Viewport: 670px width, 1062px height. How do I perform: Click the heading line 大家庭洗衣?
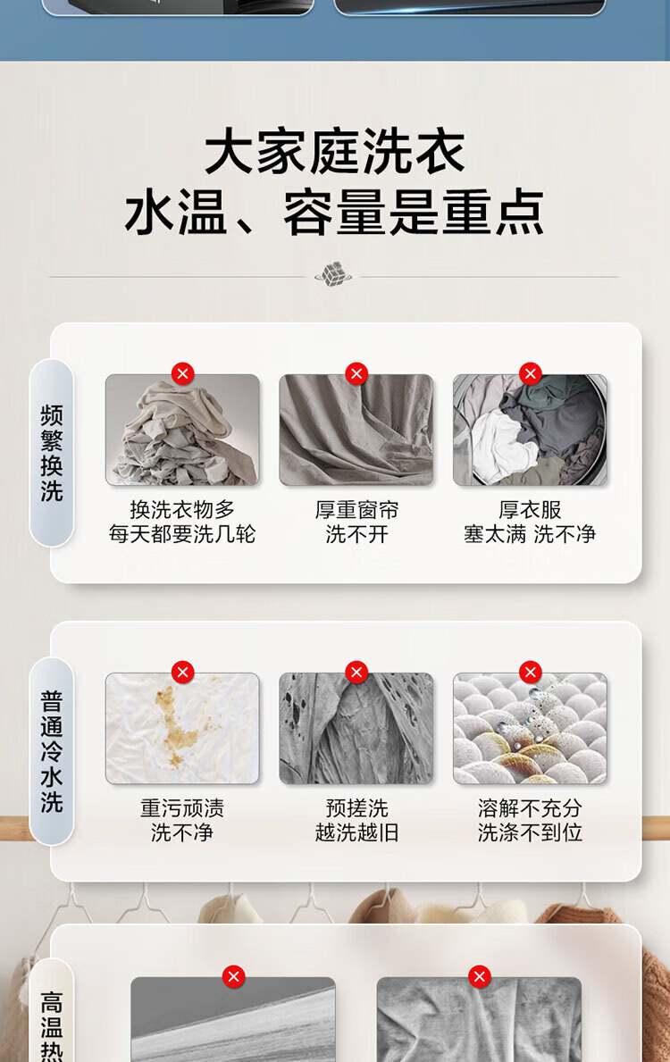(335, 152)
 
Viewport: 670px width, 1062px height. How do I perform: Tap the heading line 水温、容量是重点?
(335, 212)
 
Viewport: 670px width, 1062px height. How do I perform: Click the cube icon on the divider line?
(333, 274)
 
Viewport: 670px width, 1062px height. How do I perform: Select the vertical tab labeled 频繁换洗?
(52, 453)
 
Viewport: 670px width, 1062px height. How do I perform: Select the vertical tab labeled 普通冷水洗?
(52, 751)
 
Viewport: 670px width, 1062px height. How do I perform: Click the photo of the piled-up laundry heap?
(182, 430)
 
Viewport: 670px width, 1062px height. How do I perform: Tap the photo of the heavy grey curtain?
(356, 430)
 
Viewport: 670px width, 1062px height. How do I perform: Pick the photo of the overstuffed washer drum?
(530, 430)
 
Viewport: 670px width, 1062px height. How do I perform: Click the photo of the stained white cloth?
(182, 728)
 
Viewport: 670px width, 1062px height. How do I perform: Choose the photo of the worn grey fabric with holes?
(356, 728)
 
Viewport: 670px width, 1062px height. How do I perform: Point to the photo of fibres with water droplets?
(530, 728)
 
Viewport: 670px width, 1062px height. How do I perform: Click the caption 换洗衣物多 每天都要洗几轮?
(182, 522)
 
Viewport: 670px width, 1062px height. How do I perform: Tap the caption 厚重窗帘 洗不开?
(356, 522)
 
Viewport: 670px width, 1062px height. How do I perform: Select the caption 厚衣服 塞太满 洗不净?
(530, 522)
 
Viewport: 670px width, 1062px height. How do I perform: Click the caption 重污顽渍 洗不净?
(182, 820)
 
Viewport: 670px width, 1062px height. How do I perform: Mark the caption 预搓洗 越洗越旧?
(356, 820)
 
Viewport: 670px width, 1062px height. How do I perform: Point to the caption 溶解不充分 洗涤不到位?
(530, 820)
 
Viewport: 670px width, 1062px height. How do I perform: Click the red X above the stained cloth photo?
(182, 672)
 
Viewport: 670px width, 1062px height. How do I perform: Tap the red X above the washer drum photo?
(531, 373)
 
